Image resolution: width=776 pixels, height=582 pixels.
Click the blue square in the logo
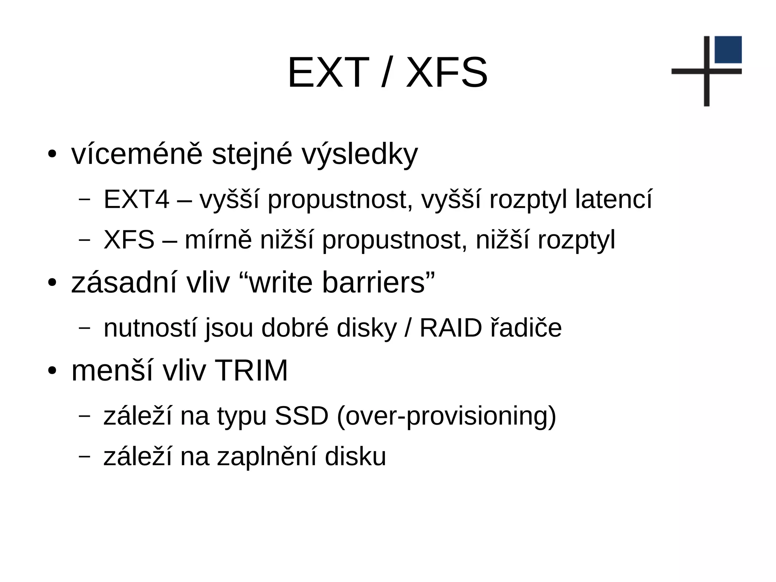pyautogui.click(x=728, y=50)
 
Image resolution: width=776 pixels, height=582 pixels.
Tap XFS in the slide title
pyautogui.click(x=447, y=72)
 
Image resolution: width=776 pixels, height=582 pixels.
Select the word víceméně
pyautogui.click(x=137, y=154)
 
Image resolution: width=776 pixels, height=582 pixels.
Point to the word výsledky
pyautogui.click(x=360, y=155)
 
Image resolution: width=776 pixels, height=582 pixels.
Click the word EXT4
pyautogui.click(x=136, y=199)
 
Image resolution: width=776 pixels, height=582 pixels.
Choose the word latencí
pyautogui.click(x=613, y=199)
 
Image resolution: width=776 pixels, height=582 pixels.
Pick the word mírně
pyautogui.click(x=218, y=240)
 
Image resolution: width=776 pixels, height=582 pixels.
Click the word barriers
pyautogui.click(x=373, y=283)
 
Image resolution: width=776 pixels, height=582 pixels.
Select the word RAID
pyautogui.click(x=451, y=328)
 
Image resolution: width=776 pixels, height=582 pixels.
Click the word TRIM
pyautogui.click(x=251, y=370)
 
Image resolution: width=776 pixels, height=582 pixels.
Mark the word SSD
pyautogui.click(x=301, y=416)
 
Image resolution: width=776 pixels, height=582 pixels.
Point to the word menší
pyautogui.click(x=112, y=370)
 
